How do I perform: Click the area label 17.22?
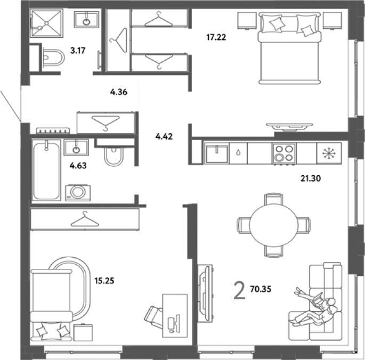click(216, 37)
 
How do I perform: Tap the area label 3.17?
click(78, 50)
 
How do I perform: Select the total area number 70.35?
click(261, 289)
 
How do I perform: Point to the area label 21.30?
click(311, 178)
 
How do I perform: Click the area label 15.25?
click(104, 281)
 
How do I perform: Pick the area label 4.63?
click(78, 166)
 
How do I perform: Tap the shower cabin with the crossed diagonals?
click(46, 23)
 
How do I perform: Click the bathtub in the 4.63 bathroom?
click(46, 170)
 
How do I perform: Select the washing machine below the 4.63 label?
click(78, 193)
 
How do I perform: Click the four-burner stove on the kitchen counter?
click(284, 153)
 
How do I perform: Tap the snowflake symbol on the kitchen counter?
click(329, 153)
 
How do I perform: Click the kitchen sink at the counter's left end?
click(216, 153)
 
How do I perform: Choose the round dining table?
click(274, 225)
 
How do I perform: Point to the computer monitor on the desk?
click(177, 323)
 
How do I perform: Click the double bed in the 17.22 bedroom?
click(289, 48)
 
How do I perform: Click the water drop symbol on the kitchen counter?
click(238, 153)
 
